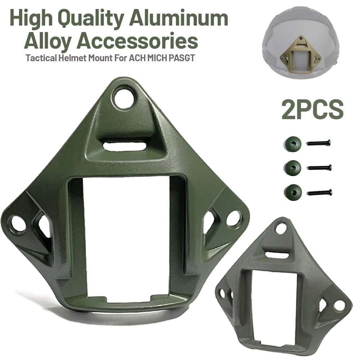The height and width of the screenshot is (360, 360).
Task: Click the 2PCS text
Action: (x=312, y=110)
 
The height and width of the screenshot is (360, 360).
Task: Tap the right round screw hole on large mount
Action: (x=234, y=218)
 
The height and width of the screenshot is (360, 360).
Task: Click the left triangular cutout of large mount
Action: (x=42, y=228)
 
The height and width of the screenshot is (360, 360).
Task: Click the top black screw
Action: (x=319, y=143)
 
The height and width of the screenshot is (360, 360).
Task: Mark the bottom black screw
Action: (x=320, y=193)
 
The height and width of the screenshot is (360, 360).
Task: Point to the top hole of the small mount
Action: (x=280, y=228)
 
